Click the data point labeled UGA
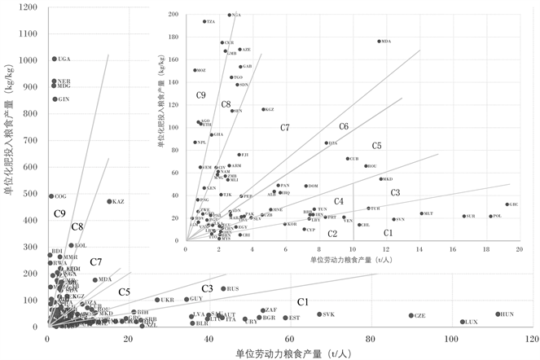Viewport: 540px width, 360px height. [x=54, y=59]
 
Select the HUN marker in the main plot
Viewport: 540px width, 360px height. [x=498, y=314]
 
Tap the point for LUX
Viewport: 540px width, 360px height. [x=462, y=322]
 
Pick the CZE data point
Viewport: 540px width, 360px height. [x=410, y=316]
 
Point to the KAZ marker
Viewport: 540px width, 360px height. [x=109, y=201]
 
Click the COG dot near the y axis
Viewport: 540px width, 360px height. [x=50, y=196]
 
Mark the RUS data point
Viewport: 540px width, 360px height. [x=223, y=288]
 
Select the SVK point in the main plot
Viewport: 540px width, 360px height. [x=319, y=314]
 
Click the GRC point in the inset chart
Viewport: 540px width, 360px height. [x=507, y=204]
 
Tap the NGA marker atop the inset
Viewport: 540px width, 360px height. [x=229, y=15]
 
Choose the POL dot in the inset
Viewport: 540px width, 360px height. [x=490, y=216]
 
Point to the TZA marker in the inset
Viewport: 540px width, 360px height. [x=204, y=21]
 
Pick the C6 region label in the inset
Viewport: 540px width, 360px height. [x=344, y=127]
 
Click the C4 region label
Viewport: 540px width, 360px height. [x=339, y=201]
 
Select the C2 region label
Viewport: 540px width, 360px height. [x=332, y=234]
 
